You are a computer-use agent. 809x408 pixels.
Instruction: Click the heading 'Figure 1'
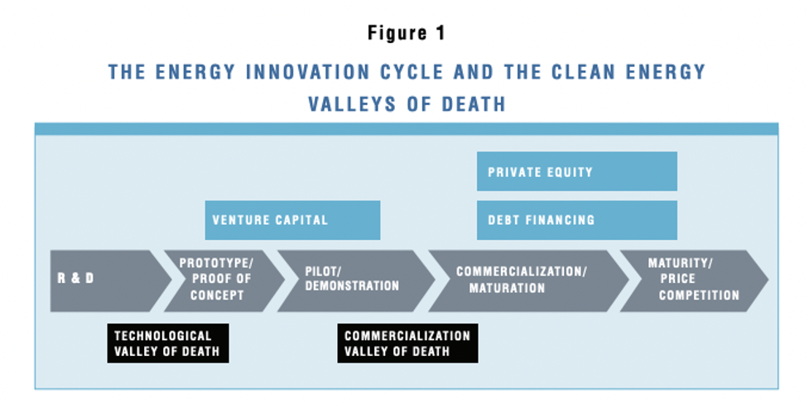pyautogui.click(x=406, y=34)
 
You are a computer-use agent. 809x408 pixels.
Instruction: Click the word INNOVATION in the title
pyautogui.click(x=307, y=72)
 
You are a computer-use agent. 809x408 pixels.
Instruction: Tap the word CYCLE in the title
pyautogui.click(x=412, y=72)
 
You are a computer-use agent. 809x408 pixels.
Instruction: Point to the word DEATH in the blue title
pyautogui.click(x=473, y=104)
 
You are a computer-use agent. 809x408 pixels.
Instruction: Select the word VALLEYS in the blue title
pyautogui.click(x=351, y=104)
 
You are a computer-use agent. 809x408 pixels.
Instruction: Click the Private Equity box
pyautogui.click(x=577, y=171)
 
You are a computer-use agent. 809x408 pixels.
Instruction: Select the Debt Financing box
pyautogui.click(x=577, y=220)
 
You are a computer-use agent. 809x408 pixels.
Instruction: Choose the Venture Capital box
pyautogui.click(x=292, y=220)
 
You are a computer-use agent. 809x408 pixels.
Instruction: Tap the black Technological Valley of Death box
pyautogui.click(x=168, y=343)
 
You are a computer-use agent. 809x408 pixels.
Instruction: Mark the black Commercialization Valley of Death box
pyautogui.click(x=407, y=343)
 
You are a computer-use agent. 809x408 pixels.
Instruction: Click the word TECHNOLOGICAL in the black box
pyautogui.click(x=163, y=336)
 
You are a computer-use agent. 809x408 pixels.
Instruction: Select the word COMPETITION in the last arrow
pyautogui.click(x=699, y=295)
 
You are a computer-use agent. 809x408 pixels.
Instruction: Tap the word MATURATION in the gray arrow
pyautogui.click(x=507, y=288)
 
